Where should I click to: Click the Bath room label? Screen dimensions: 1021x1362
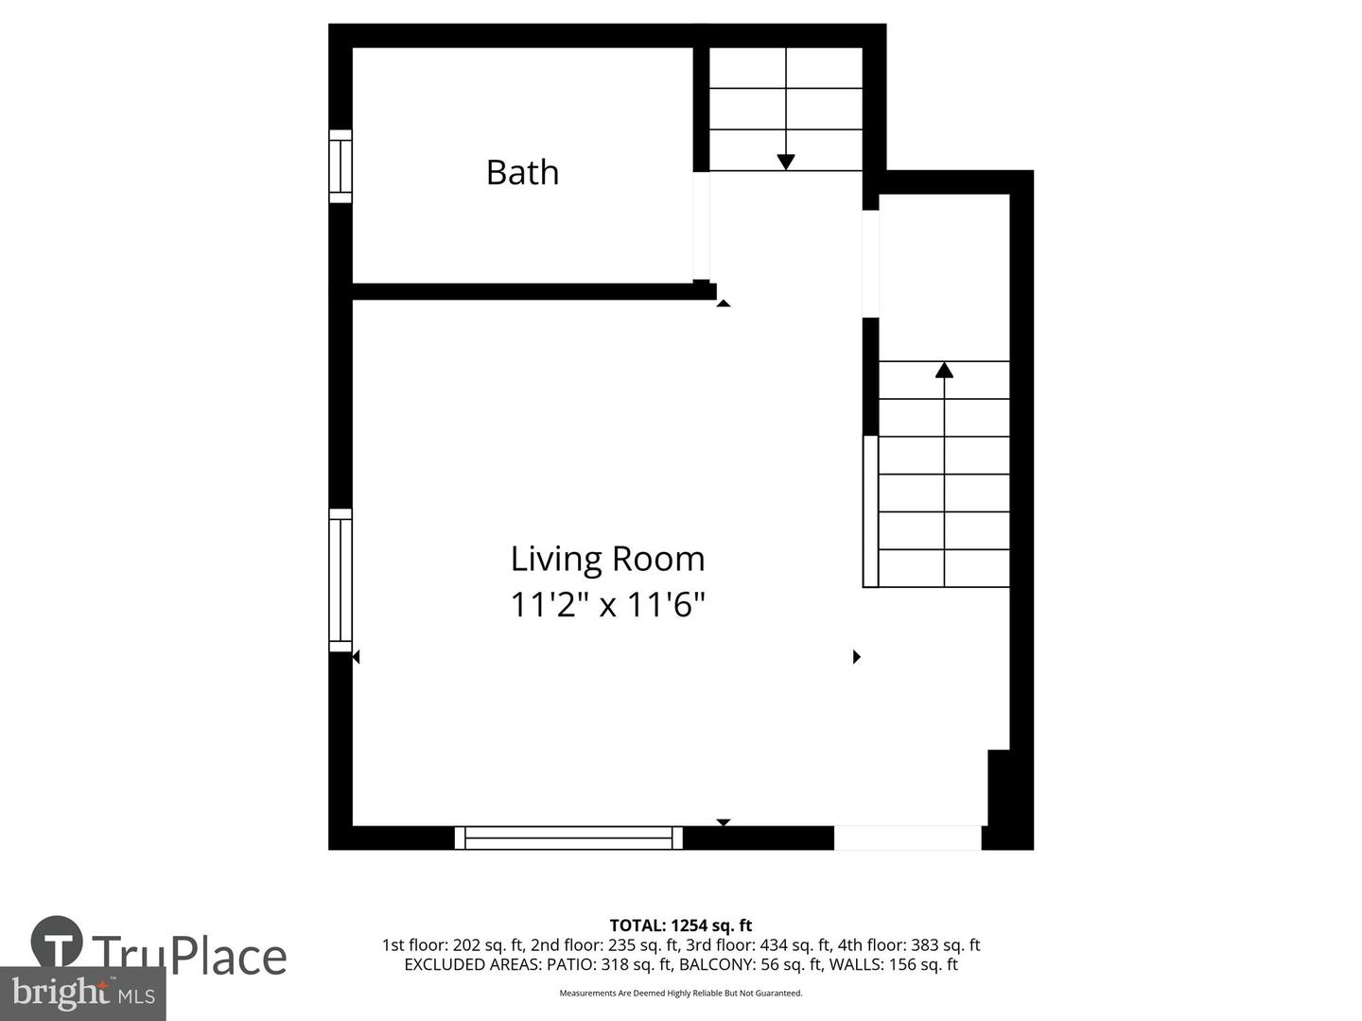[x=522, y=173]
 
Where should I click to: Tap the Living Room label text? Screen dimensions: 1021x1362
[x=607, y=559]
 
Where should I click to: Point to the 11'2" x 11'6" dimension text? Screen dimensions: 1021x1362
[x=607, y=604]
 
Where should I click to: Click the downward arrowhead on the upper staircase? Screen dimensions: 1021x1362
[x=786, y=162]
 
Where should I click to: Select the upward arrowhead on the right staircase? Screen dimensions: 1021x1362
[x=944, y=370]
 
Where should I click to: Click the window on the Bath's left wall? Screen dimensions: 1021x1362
[x=340, y=166]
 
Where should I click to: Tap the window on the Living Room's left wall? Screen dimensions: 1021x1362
[x=340, y=580]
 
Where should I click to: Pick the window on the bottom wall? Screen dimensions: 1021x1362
[x=568, y=838]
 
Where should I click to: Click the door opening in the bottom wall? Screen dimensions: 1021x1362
[x=907, y=838]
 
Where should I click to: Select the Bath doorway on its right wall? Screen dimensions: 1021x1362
[x=701, y=226]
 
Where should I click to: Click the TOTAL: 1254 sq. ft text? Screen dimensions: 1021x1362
[x=681, y=926]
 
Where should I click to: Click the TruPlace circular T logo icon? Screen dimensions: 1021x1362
[x=57, y=942]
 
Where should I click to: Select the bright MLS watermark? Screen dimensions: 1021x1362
[x=83, y=994]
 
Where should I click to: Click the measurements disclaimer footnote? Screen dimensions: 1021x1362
[x=681, y=994]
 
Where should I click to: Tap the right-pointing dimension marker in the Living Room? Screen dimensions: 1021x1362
[x=857, y=656]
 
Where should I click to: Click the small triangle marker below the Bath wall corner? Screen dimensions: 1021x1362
[x=724, y=303]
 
